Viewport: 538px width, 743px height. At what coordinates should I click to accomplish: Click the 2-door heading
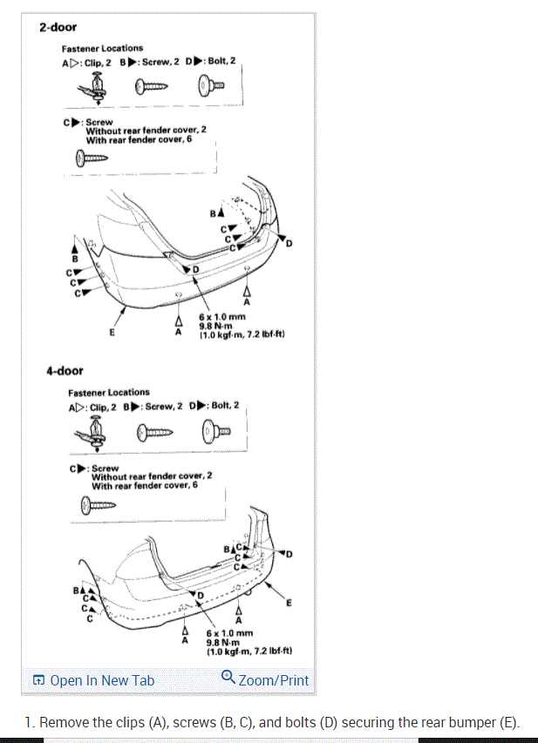click(x=58, y=27)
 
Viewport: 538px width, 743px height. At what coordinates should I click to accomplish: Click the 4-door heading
click(x=65, y=371)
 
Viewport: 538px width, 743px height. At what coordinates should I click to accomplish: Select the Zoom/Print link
click(x=273, y=680)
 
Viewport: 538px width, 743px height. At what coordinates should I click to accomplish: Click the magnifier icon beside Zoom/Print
click(x=228, y=677)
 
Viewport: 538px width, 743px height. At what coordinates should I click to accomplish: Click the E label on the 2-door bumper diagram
click(x=112, y=331)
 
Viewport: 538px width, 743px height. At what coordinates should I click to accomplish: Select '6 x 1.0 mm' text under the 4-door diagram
click(x=229, y=633)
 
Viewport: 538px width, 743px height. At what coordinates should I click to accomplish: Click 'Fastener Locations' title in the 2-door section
click(x=102, y=48)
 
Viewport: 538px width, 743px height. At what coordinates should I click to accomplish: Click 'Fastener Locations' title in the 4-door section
click(x=109, y=392)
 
